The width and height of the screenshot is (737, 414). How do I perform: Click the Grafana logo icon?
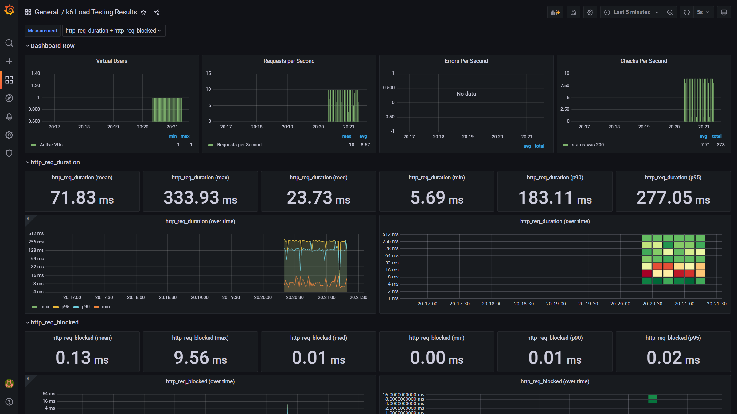coord(9,10)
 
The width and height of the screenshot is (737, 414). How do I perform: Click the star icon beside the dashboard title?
coord(143,12)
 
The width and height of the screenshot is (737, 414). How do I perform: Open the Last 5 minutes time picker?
coord(631,12)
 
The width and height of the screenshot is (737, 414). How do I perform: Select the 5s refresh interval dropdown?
coord(703,12)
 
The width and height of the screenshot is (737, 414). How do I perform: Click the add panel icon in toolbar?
coord(555,12)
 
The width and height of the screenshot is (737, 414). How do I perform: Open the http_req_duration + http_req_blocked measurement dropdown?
coord(113,31)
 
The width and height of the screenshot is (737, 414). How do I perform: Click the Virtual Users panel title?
coord(111,61)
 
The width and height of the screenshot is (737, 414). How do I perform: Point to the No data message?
coord(466,94)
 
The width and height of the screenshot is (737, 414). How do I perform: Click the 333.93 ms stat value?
coord(200,198)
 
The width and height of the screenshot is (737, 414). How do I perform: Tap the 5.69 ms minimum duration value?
coord(437,198)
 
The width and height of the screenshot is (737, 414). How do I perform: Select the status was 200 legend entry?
coord(587,145)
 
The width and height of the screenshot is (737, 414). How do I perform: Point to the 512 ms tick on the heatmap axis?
coord(390,234)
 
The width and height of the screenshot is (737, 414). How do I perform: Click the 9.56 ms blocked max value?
coord(200,358)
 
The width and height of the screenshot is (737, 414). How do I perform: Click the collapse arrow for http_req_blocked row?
coord(27,323)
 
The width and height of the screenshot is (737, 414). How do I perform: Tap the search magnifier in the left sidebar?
coord(9,43)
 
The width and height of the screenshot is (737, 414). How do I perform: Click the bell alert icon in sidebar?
coord(9,117)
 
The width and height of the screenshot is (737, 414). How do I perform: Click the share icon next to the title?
coord(156,12)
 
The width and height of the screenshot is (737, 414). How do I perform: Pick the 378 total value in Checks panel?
coord(720,145)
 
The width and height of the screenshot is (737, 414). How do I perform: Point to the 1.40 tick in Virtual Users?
coord(35,73)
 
